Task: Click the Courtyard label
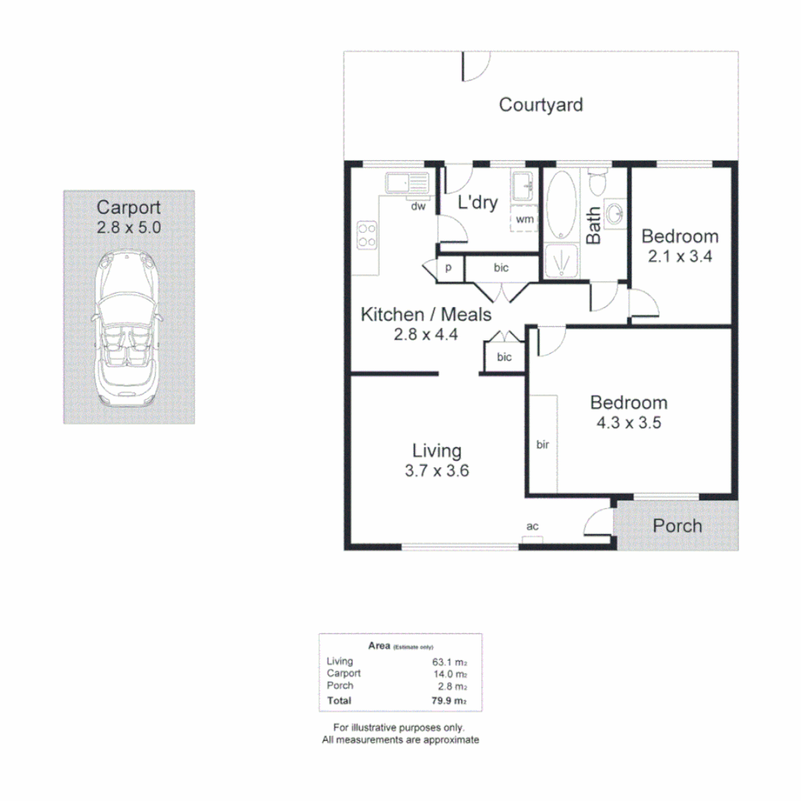point(541,105)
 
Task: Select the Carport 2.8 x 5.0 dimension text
point(128,228)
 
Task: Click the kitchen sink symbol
point(406,182)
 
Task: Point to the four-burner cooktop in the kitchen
point(366,235)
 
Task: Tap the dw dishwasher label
point(418,207)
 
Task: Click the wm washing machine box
point(524,220)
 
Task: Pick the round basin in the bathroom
point(615,214)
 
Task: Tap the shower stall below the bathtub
point(561,261)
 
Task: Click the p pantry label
point(449,268)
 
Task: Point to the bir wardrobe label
point(542,445)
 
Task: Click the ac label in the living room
point(532,527)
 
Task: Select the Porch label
point(677,526)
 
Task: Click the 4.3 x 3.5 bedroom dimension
point(628,424)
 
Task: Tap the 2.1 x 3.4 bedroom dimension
point(679,257)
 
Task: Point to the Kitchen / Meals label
point(426,315)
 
